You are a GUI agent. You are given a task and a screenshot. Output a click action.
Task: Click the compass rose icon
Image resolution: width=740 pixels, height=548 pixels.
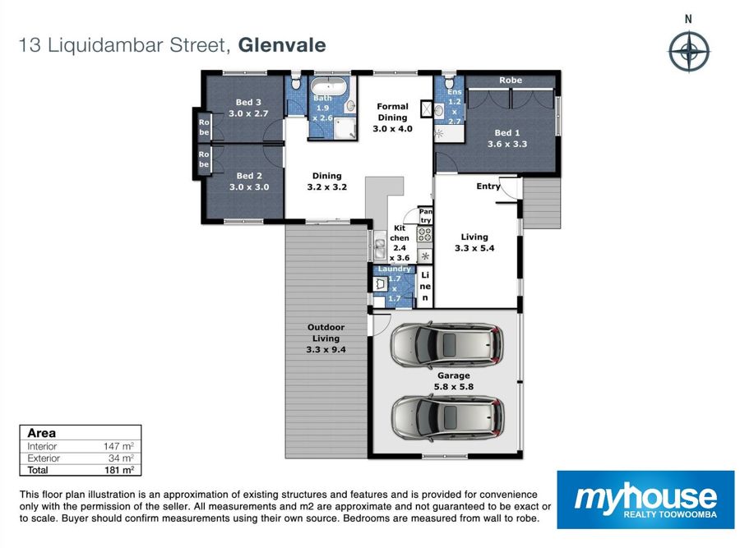coord(689,51)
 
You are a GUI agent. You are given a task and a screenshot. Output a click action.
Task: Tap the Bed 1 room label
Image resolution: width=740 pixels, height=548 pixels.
coord(506,138)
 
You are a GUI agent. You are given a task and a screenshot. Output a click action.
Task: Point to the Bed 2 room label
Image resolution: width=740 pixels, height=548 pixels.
coord(247,181)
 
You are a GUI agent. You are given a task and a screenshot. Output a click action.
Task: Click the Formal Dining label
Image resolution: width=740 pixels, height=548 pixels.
coord(392,117)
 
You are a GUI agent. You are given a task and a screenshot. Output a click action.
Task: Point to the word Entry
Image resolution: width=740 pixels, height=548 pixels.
coord(488,187)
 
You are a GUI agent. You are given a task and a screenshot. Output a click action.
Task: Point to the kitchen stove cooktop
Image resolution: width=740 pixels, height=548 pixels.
coord(425,234)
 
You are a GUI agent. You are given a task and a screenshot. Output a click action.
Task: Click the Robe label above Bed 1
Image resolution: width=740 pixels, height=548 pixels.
coord(511,81)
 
